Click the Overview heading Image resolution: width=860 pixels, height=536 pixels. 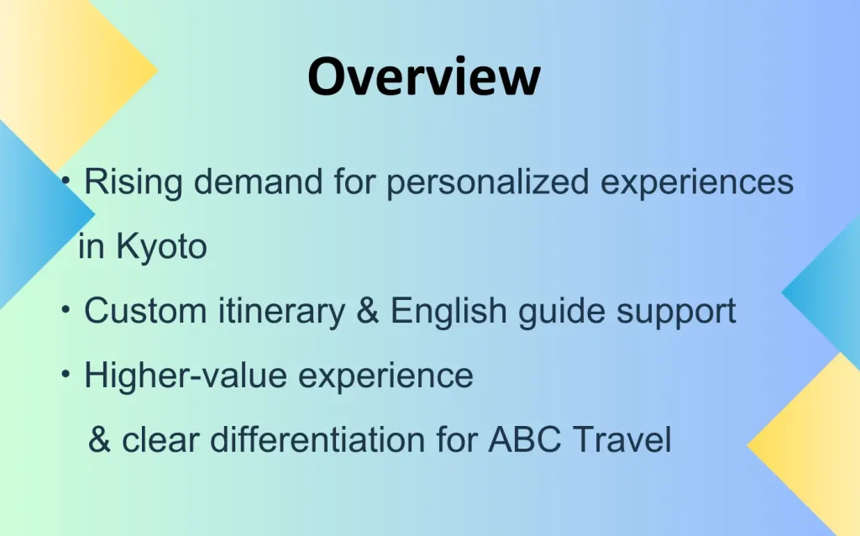(424, 76)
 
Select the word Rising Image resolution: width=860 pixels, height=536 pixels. (133, 182)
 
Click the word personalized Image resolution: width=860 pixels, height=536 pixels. (488, 182)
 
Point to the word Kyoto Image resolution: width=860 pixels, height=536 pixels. (161, 248)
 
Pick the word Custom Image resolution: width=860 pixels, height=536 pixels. (145, 311)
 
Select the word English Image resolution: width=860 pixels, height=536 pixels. (448, 311)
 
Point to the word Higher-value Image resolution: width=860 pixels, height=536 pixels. (186, 376)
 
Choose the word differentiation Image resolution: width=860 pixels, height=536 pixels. (317, 439)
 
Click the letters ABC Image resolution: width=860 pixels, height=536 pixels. (525, 439)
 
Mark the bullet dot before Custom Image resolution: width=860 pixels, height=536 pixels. (66, 311)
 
